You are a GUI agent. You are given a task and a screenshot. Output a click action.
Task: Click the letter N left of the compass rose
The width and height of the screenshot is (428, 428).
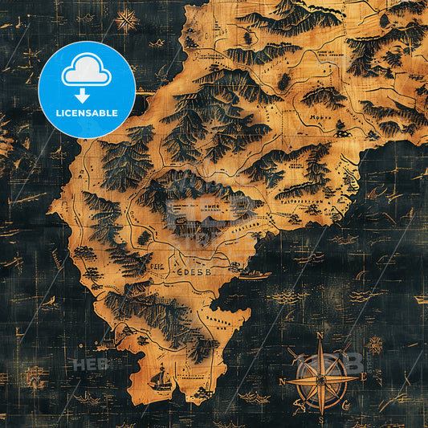coord(282,381)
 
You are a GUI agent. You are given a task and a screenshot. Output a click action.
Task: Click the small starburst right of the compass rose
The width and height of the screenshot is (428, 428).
coord(374,344)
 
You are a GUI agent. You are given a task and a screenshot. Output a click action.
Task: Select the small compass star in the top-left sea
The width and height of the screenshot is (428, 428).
coord(126,20)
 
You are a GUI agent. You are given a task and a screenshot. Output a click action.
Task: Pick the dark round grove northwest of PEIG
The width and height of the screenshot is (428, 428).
coord(145,238)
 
